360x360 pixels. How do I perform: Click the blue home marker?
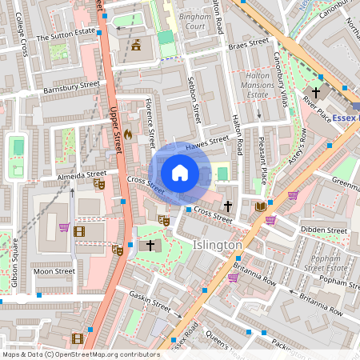(x=180, y=173)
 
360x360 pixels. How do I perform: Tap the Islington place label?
(x=218, y=245)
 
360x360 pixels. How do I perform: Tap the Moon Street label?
(x=54, y=271)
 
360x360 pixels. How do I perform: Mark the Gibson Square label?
(x=14, y=260)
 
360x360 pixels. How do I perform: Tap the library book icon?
(x=260, y=206)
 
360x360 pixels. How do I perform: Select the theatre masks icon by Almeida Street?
(x=99, y=184)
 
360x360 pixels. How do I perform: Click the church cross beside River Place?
(x=316, y=92)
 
